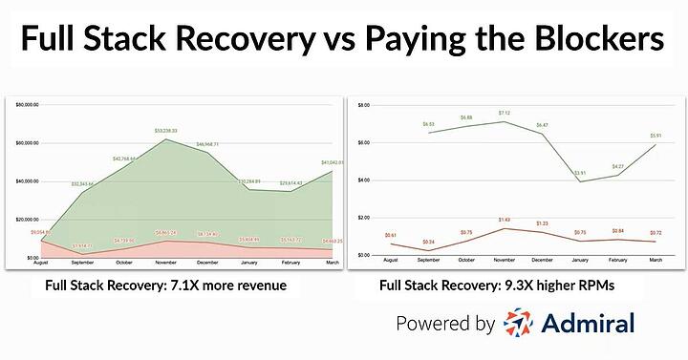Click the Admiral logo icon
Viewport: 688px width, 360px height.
click(x=523, y=325)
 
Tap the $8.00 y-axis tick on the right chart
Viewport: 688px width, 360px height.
click(x=363, y=104)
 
